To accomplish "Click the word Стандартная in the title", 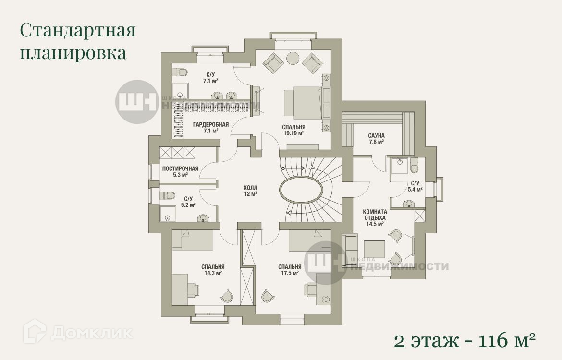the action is [78, 30].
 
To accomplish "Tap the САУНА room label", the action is [376, 136].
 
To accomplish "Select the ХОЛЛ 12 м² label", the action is [250, 191].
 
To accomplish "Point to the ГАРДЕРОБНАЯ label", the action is [211, 125].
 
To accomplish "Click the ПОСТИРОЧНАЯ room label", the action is [180, 168].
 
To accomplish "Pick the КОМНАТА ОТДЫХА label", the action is [375, 215].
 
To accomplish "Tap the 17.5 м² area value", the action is [290, 273].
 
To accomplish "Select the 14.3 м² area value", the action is [213, 273].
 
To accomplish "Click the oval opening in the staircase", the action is [301, 190].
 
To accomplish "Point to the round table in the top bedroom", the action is [293, 58].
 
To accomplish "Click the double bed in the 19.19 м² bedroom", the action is [303, 103].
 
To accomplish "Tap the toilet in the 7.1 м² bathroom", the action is [180, 72].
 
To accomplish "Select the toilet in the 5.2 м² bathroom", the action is [167, 195].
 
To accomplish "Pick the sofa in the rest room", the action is [350, 251].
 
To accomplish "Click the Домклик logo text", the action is [91, 333].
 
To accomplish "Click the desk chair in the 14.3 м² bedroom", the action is [193, 289].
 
